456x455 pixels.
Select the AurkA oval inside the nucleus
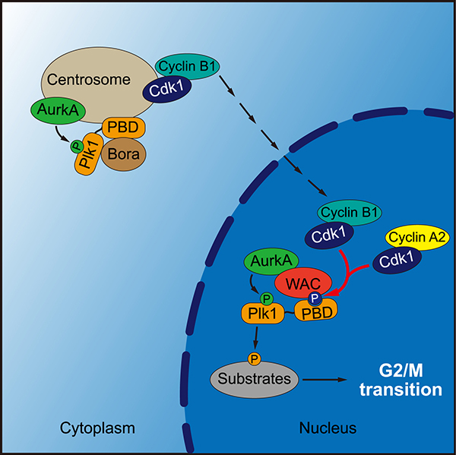tap(268, 264)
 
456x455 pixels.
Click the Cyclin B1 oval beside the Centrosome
tap(187, 67)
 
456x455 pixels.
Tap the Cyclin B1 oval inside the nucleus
tap(350, 212)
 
